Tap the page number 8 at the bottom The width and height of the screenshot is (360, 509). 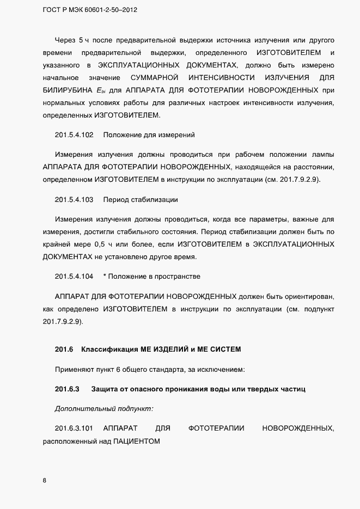pos(44,480)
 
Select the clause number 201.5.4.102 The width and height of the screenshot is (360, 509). pos(74,135)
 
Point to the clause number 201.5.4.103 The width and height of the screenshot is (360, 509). pos(74,200)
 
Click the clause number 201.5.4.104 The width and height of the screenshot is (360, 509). pos(74,277)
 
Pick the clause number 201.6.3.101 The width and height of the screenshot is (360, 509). pos(74,429)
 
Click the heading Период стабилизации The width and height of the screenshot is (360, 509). pos(141,200)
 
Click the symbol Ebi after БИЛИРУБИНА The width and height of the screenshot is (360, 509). pos(100,90)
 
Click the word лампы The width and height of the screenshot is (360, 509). pos(324,154)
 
